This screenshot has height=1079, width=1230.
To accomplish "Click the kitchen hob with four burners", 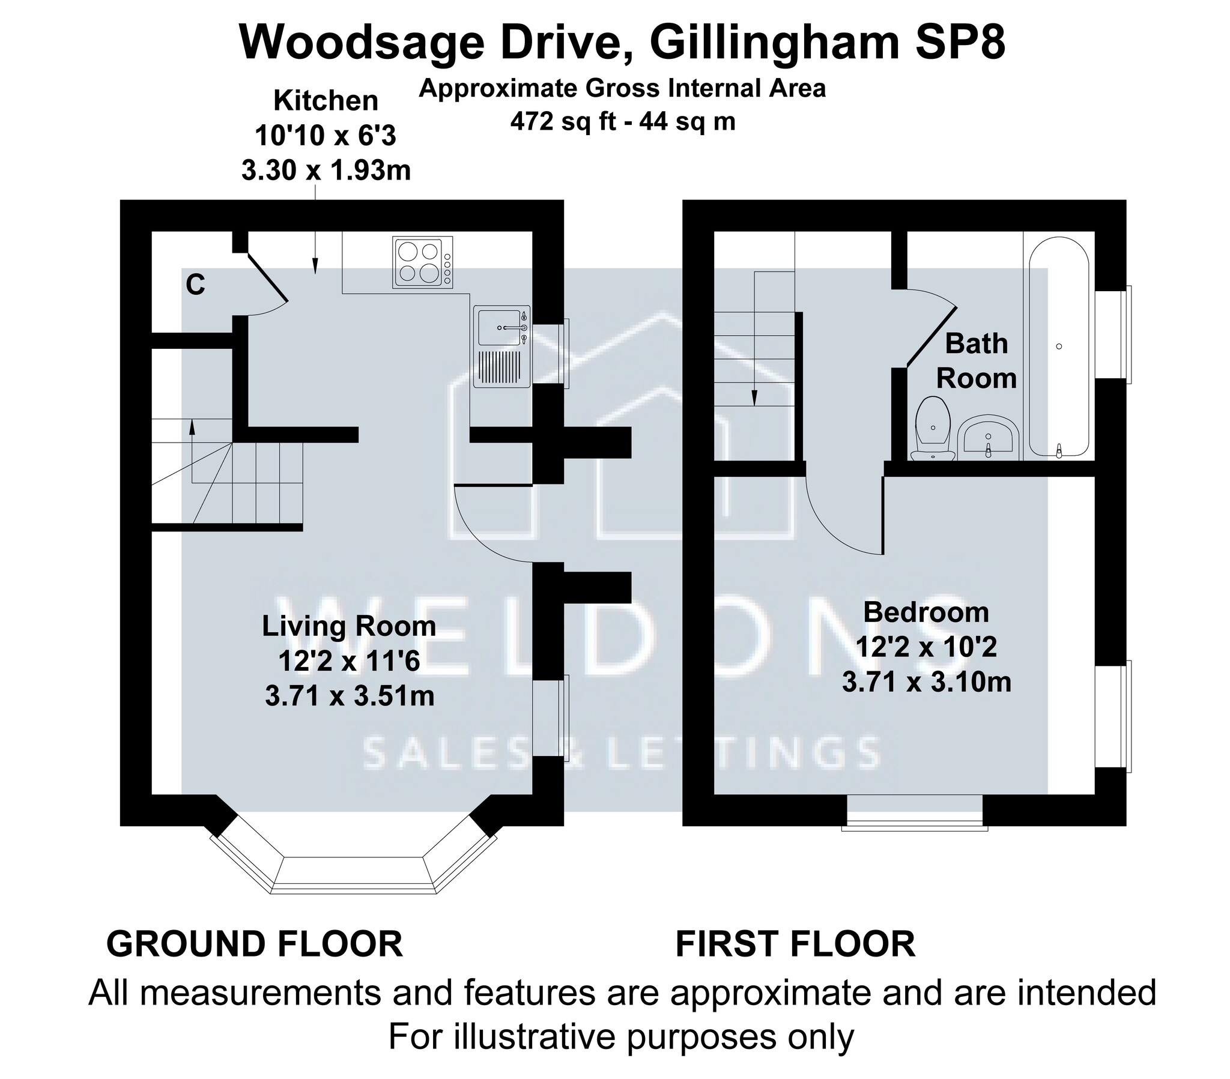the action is (422, 262).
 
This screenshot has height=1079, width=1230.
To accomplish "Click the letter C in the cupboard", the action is (196, 285).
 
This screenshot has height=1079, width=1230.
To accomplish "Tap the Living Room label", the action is (349, 626).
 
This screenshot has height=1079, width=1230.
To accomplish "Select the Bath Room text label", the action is (976, 361).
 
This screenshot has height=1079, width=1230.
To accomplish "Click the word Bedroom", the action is (926, 612).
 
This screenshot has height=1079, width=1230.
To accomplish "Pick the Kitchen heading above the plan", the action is (326, 100).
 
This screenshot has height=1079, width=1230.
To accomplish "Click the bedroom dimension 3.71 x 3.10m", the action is (926, 683).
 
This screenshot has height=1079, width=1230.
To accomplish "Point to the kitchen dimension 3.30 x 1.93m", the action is (326, 171).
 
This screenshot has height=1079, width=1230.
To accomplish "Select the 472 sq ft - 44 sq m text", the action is (623, 122).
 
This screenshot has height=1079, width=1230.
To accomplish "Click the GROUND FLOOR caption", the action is (255, 945).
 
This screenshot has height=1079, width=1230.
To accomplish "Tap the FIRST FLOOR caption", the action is (796, 945).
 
